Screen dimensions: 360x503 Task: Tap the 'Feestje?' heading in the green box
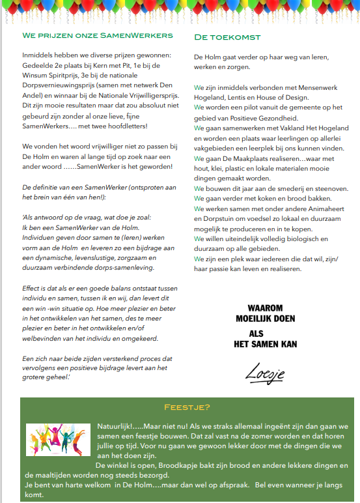click(x=187, y=407)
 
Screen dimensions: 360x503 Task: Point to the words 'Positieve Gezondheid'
click(x=258, y=118)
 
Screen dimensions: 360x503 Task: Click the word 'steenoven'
click(x=314, y=188)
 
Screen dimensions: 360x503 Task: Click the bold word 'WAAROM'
click(x=264, y=308)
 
